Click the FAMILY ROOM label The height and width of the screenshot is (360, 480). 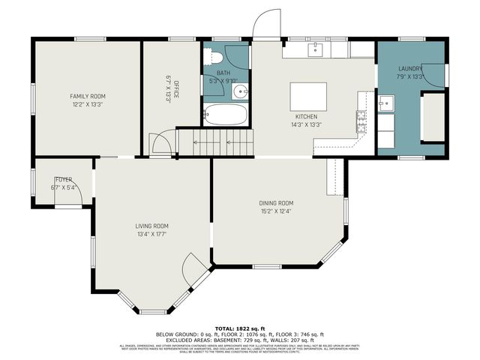point(88,97)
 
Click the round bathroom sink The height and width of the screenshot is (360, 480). point(238,92)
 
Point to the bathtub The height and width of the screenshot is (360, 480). point(225,115)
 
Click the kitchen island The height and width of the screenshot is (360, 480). point(308,96)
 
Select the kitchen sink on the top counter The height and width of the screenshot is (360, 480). point(316,49)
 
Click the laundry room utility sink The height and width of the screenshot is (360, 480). point(385,102)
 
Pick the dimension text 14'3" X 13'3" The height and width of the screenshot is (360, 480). point(307,125)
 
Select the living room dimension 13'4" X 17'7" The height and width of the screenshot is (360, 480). point(150,234)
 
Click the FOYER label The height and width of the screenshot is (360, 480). point(63,179)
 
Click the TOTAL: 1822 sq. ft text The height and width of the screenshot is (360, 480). point(239,328)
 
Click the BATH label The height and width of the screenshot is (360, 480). point(223,73)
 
